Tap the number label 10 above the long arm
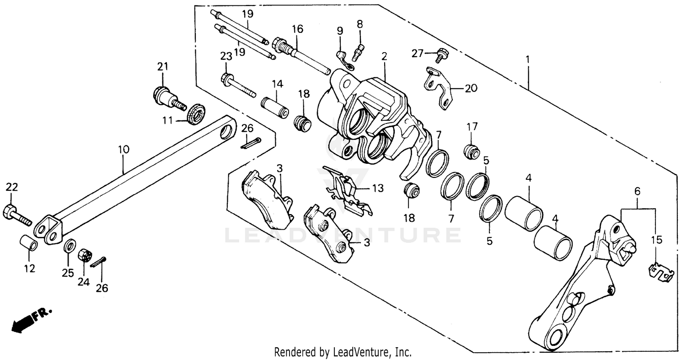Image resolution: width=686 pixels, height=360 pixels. [x=123, y=149]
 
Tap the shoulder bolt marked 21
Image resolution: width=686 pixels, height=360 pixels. [x=167, y=96]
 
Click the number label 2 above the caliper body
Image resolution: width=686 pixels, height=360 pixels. [x=385, y=57]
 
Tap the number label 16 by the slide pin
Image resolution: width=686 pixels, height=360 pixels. [x=297, y=29]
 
